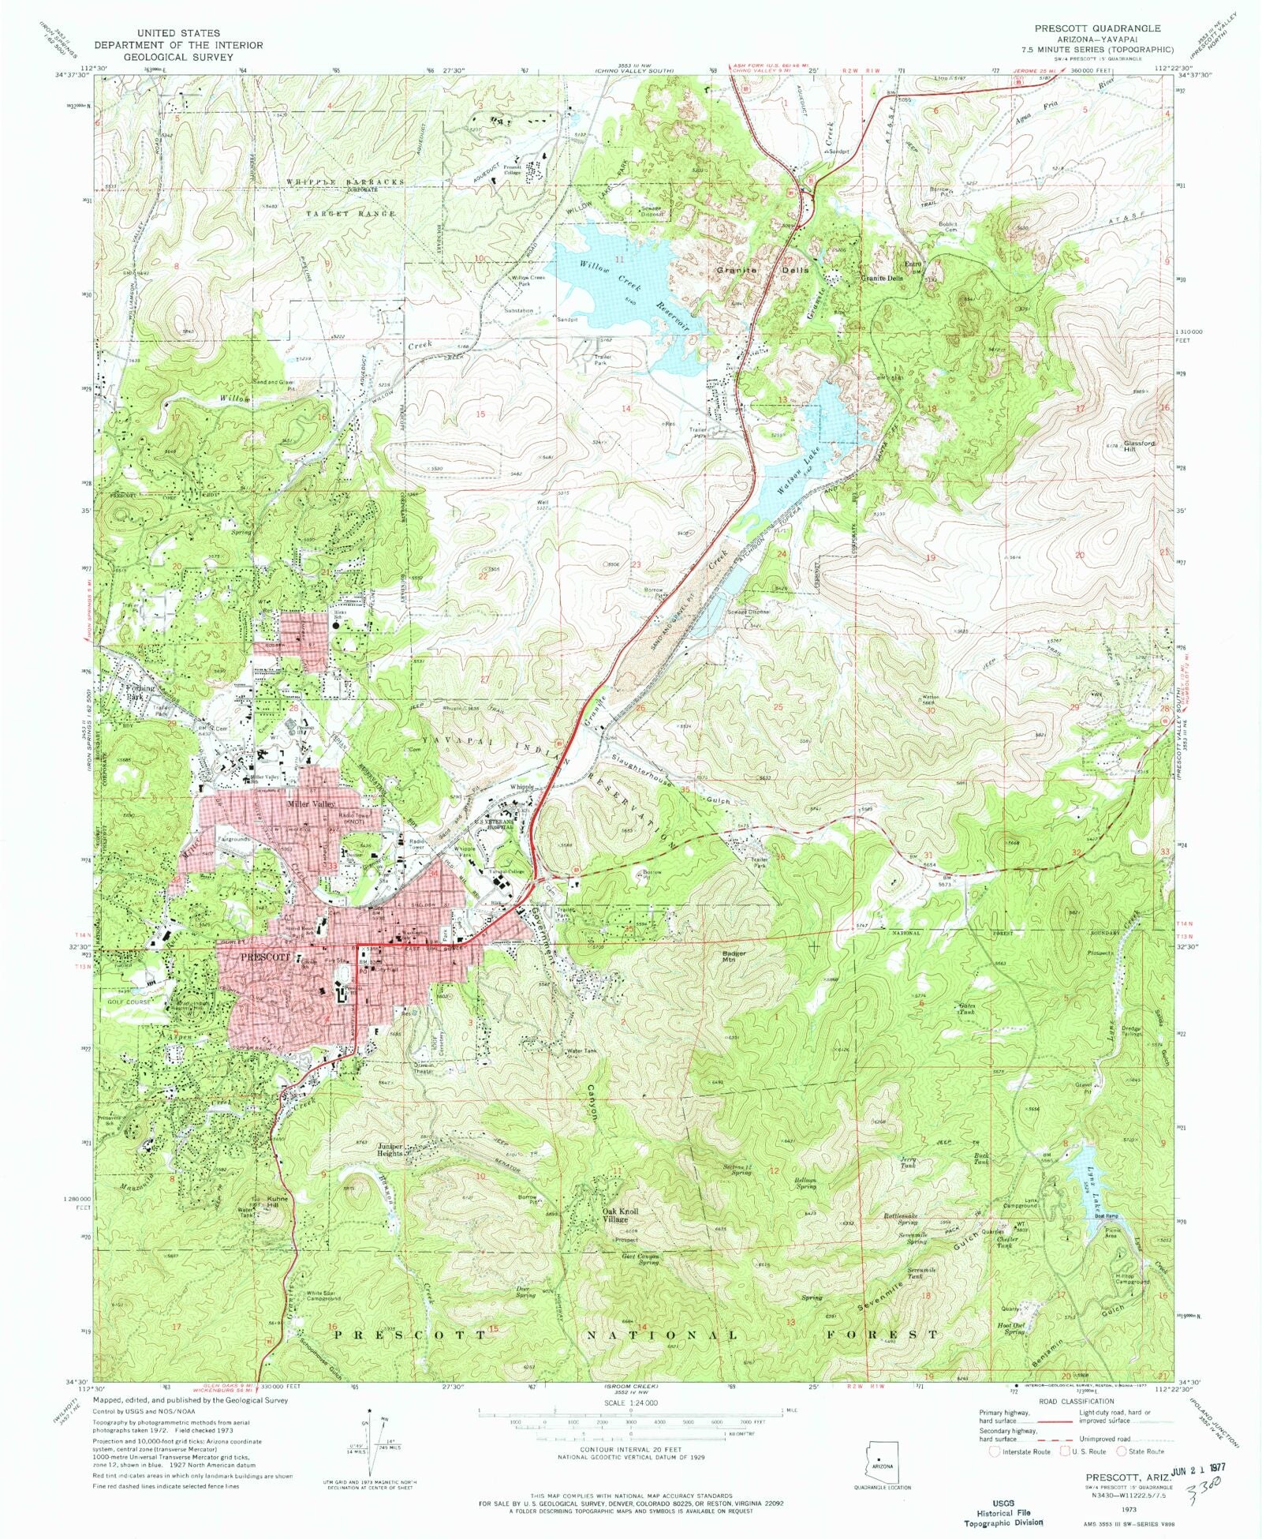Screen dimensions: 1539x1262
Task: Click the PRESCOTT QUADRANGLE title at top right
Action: pos(1098,28)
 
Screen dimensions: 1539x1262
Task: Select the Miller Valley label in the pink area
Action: pos(310,804)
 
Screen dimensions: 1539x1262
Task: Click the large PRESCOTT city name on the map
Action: pos(256,957)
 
